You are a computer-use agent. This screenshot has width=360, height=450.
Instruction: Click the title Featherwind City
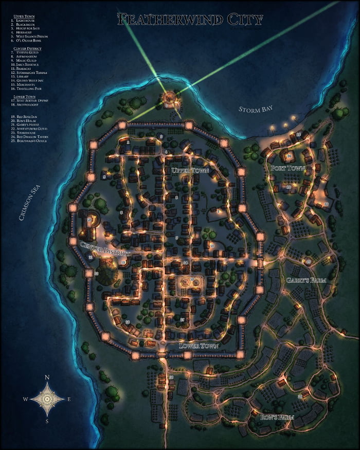point(190,20)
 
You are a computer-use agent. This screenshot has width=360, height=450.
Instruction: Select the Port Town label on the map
point(287,168)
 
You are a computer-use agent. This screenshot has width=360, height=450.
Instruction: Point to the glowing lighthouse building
point(169,97)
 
